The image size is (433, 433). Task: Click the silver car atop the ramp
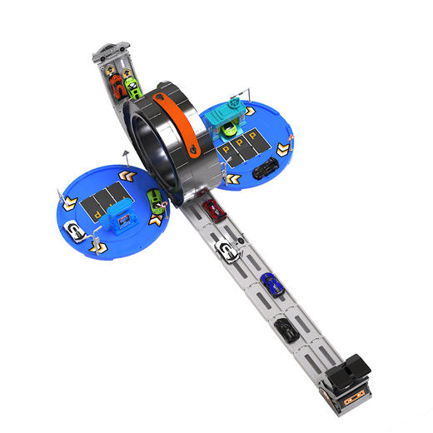111,51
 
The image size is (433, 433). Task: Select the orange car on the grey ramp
117,86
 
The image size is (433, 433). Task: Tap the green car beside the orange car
133,87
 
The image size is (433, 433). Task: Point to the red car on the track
214,211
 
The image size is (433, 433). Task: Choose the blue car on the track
271,284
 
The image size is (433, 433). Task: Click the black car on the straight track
286,331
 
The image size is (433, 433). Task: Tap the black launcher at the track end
348,372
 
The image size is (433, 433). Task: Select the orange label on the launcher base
353,399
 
